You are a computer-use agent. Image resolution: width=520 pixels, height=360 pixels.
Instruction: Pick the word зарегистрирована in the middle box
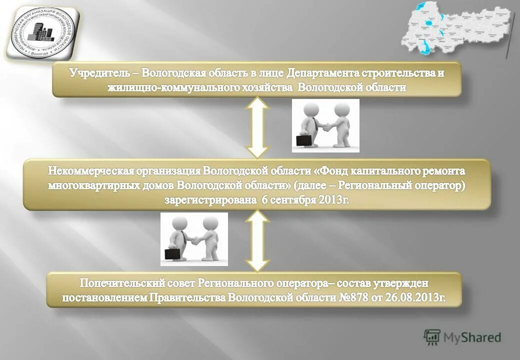click(x=210, y=200)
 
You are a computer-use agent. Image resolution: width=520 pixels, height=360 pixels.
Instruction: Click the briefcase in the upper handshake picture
click(x=303, y=140)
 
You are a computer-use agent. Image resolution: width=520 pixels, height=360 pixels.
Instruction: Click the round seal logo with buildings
click(x=41, y=31)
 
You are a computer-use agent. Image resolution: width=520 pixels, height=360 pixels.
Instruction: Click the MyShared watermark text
click(x=472, y=337)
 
